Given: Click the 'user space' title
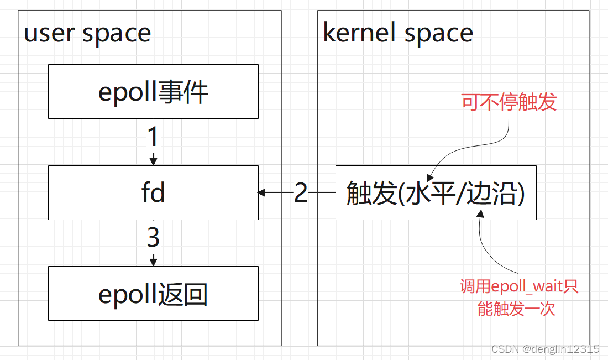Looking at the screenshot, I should (x=87, y=34).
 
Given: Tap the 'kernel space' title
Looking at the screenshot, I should (x=398, y=33).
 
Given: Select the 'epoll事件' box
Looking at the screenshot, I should (x=153, y=92).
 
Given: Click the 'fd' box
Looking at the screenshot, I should (x=153, y=193).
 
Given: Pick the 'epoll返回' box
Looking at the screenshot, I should (x=153, y=294).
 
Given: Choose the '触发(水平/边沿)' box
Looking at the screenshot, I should (x=436, y=193).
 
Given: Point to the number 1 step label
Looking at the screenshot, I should (x=154, y=137).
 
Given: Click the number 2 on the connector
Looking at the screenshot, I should (x=301, y=193).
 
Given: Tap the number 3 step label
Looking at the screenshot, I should (x=154, y=238).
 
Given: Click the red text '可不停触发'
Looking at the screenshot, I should (x=509, y=102).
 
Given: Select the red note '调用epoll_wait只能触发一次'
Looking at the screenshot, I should (x=518, y=298).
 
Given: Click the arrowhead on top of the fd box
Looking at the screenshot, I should (x=154, y=161).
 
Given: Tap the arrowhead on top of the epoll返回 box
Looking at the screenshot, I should (x=154, y=262).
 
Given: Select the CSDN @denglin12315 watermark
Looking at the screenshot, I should (x=545, y=349).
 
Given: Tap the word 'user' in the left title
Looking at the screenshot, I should (x=50, y=34).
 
